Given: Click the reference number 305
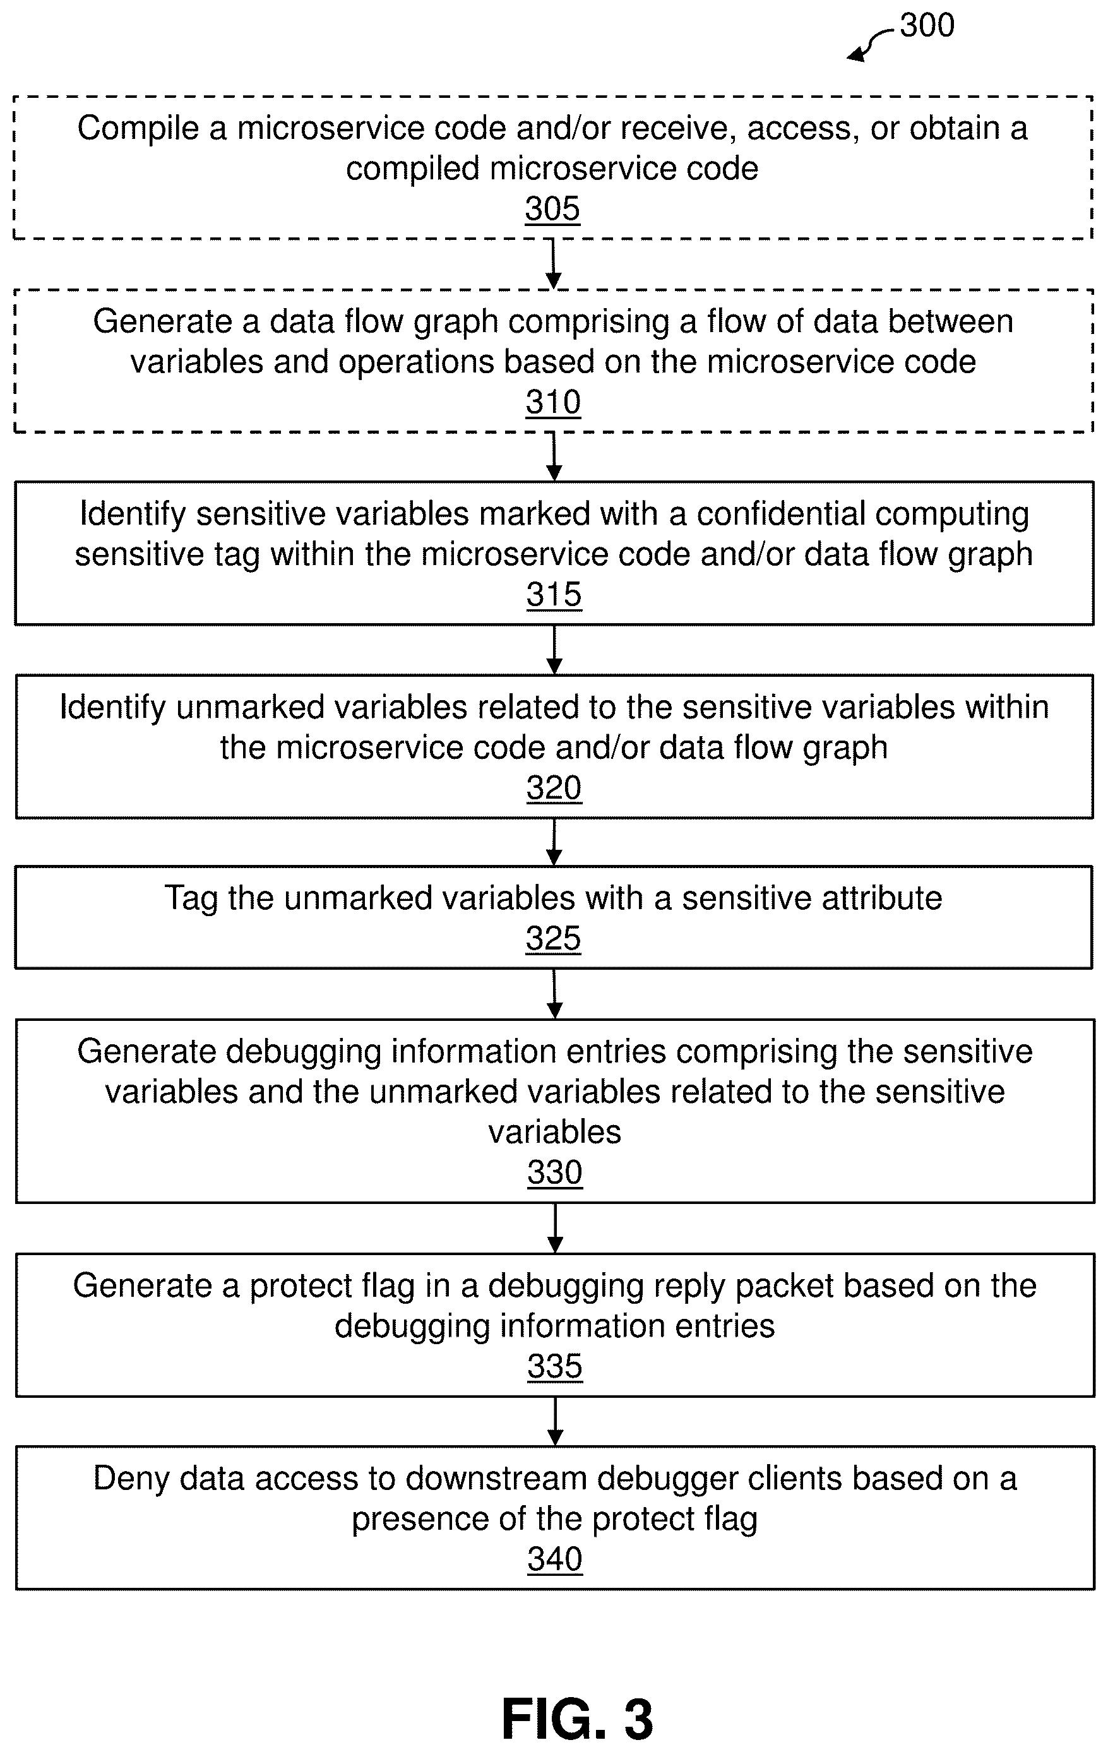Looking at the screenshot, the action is (553, 210).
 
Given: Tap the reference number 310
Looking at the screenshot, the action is (554, 402).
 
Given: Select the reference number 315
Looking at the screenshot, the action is (554, 595).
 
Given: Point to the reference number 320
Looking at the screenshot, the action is (554, 788).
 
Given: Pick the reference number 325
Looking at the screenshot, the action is (554, 939).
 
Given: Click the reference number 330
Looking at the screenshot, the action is (555, 1173).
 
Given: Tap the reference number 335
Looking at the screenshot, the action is (555, 1366).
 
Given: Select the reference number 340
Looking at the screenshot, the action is (555, 1559).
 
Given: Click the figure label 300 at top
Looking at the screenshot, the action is (927, 25).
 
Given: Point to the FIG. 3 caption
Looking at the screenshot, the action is (578, 1719).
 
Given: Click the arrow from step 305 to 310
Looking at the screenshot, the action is (554, 264).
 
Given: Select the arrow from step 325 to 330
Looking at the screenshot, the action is (554, 994).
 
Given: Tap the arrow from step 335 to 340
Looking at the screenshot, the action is (555, 1421).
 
